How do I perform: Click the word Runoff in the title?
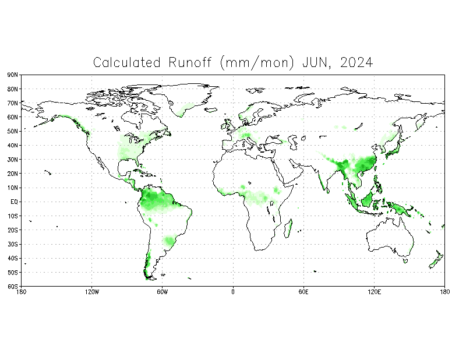pos(190,62)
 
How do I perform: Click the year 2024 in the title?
pos(356,62)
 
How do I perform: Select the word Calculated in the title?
pos(127,62)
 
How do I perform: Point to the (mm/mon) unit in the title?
pos(257,63)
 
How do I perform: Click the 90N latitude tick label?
pos(12,75)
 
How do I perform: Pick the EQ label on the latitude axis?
pos(14,202)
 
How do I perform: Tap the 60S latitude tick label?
pos(12,287)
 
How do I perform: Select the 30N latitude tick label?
pos(12,160)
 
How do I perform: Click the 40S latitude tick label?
pos(12,258)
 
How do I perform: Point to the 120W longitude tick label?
pos(92,292)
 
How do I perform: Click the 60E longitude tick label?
pos(303,292)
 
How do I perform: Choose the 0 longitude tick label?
pos(233,292)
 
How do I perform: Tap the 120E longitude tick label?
pos(374,292)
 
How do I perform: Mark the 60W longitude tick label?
pos(163,292)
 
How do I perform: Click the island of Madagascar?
pos(288,228)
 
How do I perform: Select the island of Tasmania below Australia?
pos(405,261)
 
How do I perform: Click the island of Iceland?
pos(211,110)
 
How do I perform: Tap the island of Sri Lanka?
pos(328,190)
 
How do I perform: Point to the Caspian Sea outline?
pos(293,142)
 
